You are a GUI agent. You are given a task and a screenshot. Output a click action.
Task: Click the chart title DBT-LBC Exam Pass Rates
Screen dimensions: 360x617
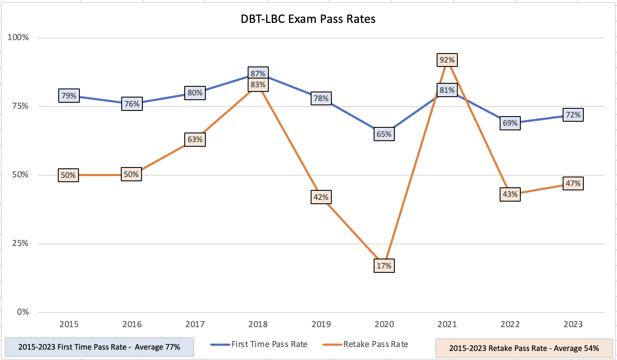pos(308,19)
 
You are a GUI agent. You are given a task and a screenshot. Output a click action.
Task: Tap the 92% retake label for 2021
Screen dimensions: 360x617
pos(447,60)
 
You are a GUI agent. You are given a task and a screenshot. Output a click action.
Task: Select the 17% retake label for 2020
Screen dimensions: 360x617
pos(384,265)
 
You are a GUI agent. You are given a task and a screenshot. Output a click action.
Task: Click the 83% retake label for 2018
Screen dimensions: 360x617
pos(258,85)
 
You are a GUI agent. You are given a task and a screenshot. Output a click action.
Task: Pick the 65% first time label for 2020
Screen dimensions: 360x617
pos(384,134)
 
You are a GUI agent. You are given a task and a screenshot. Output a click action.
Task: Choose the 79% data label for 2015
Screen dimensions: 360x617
pos(69,96)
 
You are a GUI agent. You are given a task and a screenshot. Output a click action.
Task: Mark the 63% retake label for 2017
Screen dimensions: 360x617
pos(195,139)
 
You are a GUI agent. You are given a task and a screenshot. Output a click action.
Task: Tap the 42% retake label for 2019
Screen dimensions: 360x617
pos(321,197)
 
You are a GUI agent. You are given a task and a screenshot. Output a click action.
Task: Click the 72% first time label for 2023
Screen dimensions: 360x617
pos(573,115)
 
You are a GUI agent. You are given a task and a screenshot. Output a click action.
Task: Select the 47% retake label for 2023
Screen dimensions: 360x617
pos(573,183)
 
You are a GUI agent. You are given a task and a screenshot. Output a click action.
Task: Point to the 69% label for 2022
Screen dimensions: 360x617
pos(510,123)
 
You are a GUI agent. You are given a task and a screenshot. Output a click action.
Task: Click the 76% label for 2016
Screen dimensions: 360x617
pos(132,104)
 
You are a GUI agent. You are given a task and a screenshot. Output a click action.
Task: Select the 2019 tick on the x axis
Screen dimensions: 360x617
pos(321,324)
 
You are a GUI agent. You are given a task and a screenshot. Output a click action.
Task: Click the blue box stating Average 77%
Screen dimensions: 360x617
pos(99,347)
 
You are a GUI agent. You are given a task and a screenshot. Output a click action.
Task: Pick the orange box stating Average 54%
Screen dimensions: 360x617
pos(524,348)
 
